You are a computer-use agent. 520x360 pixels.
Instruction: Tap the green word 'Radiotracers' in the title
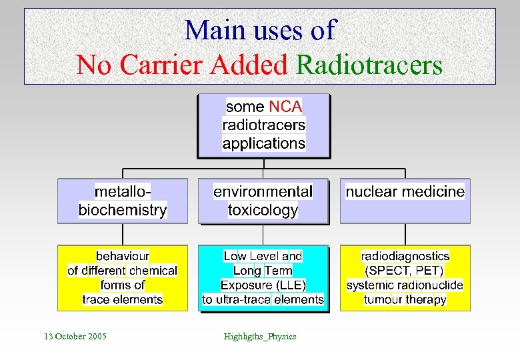point(369,65)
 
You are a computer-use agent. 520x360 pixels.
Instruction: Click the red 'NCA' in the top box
point(285,107)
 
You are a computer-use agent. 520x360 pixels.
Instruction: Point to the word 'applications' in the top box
point(263,143)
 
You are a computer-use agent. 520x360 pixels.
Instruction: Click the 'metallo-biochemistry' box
point(123,201)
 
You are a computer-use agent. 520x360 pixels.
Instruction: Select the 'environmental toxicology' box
point(263,201)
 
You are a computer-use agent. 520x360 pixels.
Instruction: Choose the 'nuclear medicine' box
point(405,201)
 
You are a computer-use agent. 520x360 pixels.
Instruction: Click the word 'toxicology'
point(263,211)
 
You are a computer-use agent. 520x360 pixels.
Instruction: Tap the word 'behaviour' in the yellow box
point(123,256)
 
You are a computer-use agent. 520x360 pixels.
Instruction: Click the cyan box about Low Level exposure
point(263,278)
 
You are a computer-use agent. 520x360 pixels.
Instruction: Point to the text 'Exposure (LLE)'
point(263,285)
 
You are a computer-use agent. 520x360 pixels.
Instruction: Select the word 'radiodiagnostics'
point(405,256)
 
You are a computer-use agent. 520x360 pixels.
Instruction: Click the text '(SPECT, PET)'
point(404,271)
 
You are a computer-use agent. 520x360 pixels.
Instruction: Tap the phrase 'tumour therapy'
point(405,300)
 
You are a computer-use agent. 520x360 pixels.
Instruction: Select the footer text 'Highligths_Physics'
point(260,336)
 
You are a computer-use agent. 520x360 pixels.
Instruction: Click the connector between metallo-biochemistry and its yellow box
point(123,234)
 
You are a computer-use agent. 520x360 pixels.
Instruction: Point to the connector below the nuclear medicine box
point(405,234)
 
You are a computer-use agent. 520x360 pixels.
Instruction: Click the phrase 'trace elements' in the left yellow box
point(123,300)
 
